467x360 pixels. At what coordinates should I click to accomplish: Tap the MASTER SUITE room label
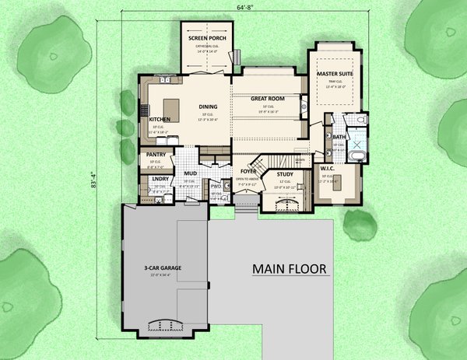[x=335, y=74]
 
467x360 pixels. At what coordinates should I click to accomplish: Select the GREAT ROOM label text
[x=266, y=99]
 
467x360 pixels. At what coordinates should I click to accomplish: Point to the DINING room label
[x=207, y=107]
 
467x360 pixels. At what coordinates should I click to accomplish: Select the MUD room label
[x=190, y=174]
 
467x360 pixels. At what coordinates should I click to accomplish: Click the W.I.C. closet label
[x=327, y=167]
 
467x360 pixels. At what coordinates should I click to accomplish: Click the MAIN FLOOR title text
[x=289, y=269]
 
